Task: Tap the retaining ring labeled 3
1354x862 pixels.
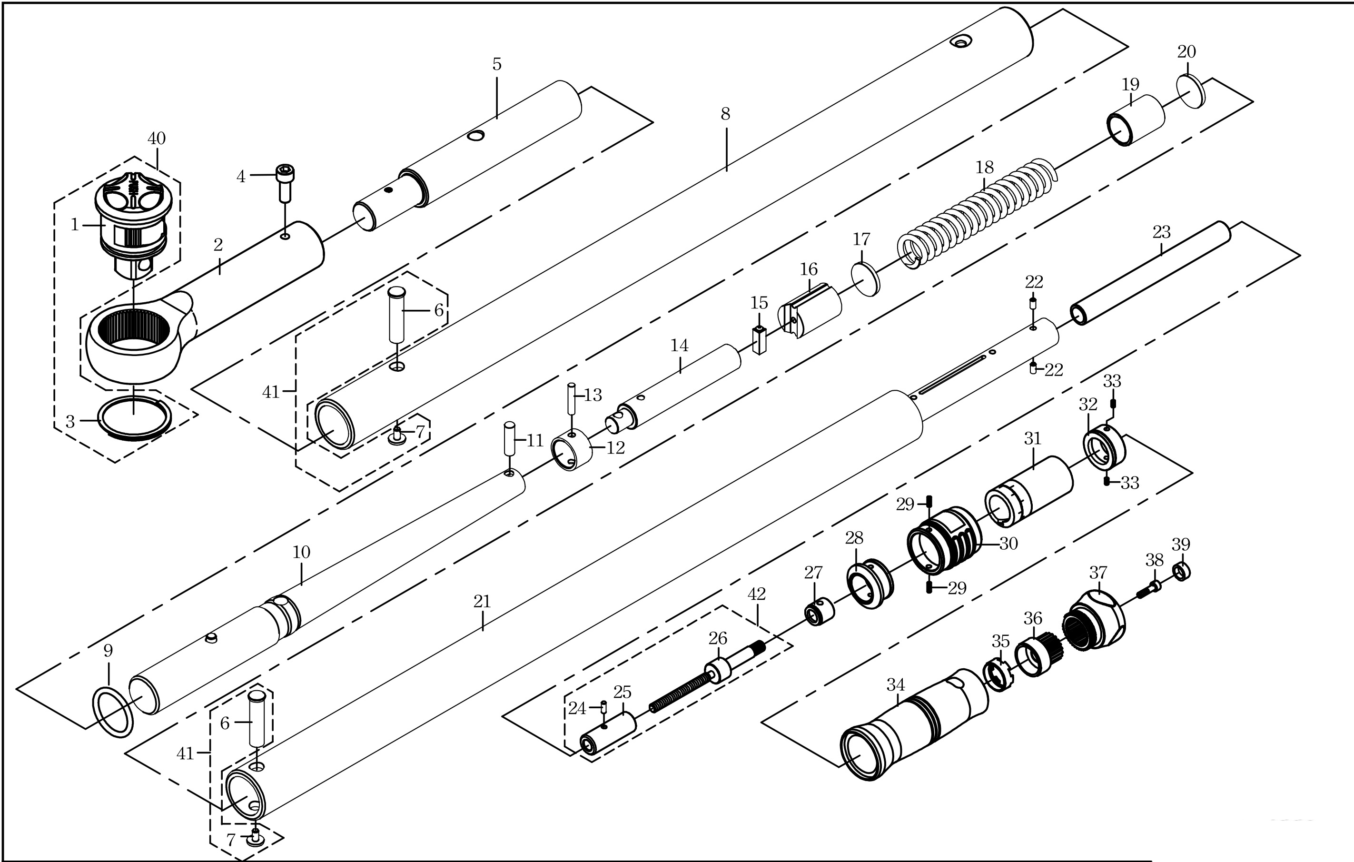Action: point(135,419)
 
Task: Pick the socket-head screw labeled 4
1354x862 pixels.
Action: point(285,183)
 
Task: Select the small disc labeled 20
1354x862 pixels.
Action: point(1191,92)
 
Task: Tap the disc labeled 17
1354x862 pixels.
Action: point(865,279)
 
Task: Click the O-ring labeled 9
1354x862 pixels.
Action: point(112,711)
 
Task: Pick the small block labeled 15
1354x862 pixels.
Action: point(759,341)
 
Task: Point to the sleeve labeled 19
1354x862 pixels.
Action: point(1136,121)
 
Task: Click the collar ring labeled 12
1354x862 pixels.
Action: point(572,450)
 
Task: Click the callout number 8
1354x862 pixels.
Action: point(725,114)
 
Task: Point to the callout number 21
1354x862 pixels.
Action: point(482,602)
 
